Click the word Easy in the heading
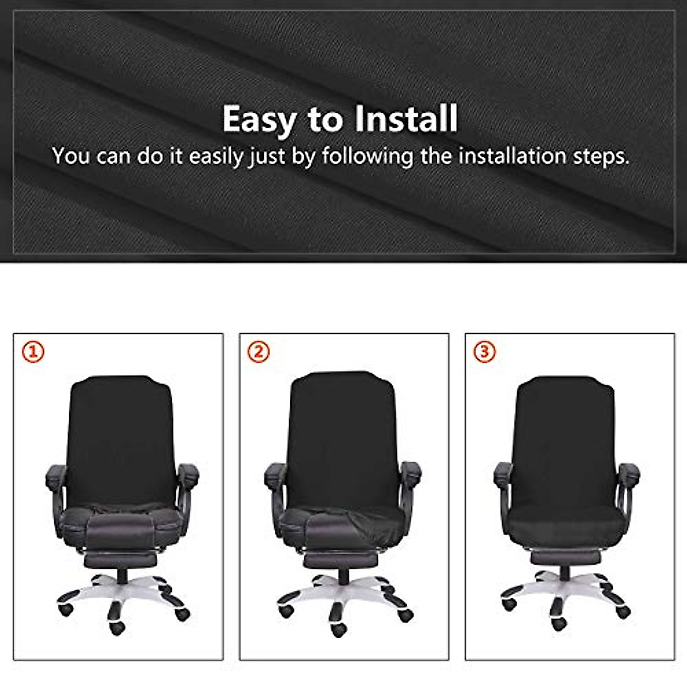(259, 119)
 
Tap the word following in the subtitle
(367, 156)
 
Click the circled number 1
(33, 352)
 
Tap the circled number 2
(259, 352)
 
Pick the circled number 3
(485, 352)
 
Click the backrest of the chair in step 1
(120, 435)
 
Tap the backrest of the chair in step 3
(564, 435)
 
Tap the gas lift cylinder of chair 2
(343, 575)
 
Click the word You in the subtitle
(70, 156)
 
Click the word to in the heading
(324, 119)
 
